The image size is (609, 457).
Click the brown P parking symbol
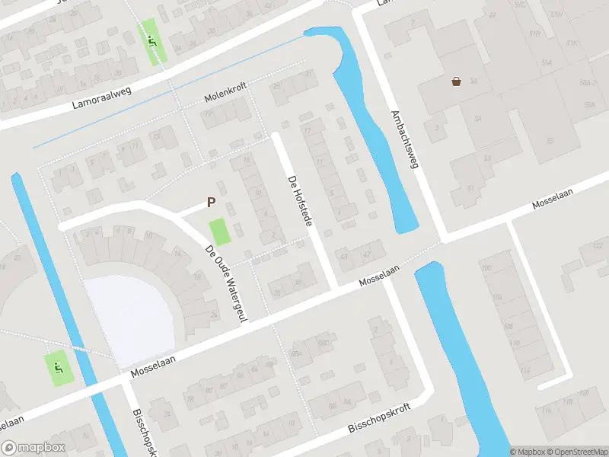212,203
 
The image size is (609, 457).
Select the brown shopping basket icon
457,81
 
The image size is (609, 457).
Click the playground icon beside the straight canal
58,369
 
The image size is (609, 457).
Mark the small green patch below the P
220,232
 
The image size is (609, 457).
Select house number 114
525,369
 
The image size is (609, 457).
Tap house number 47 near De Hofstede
367,254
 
